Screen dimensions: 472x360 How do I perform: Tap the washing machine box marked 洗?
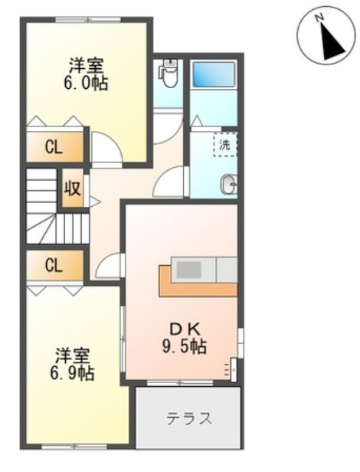(224, 144)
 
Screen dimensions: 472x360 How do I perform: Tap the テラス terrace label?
(188, 419)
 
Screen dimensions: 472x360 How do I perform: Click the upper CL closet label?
(52, 148)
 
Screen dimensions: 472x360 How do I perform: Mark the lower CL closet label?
(52, 266)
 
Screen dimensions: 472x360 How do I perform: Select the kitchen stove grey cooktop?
(187, 270)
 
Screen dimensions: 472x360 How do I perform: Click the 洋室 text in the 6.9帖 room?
(73, 356)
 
